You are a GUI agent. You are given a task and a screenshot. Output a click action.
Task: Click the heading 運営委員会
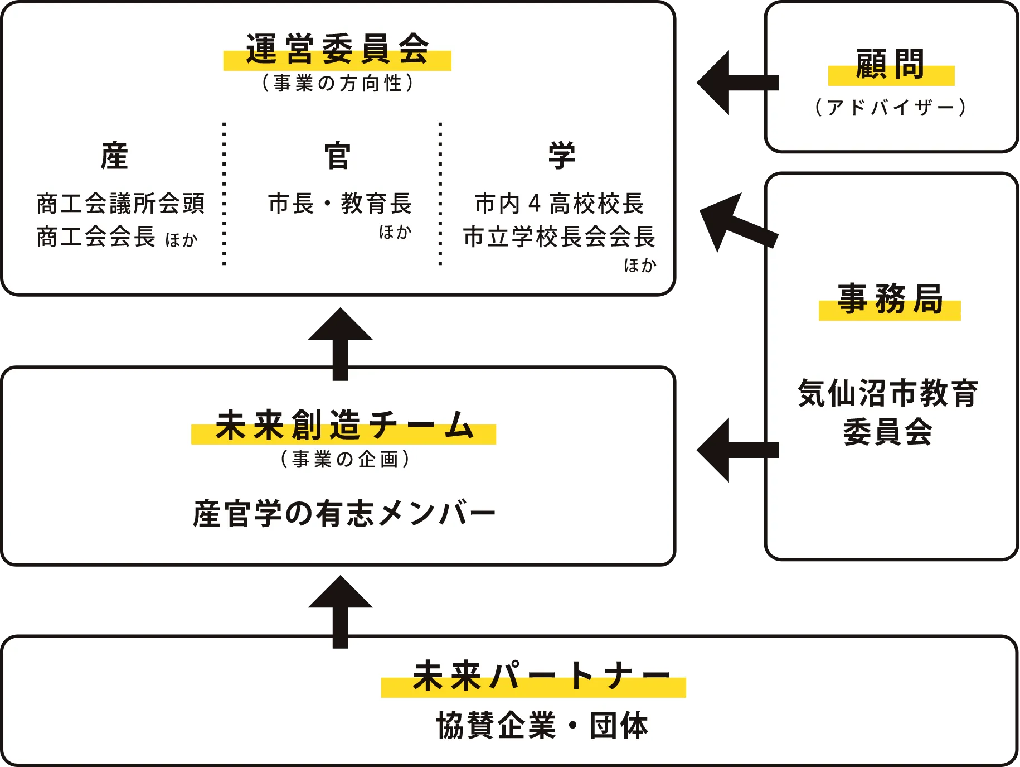pos(337,49)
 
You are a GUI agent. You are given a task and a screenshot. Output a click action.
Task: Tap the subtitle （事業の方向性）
pos(337,83)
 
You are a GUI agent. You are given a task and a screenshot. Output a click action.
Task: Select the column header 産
pos(114,156)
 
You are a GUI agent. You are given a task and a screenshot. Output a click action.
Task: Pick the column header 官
pos(337,156)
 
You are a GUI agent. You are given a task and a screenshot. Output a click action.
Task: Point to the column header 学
pos(561,156)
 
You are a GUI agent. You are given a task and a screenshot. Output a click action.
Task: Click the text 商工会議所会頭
pos(120,204)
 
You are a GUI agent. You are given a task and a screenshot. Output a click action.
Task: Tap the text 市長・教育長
pos(339,204)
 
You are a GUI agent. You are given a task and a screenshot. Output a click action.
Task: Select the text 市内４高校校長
pos(559,204)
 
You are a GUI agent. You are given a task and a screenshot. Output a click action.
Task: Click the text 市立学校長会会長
pos(559,237)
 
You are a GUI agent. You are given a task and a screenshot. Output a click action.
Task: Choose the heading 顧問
pos(890,64)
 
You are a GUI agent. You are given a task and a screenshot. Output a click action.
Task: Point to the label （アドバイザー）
pos(890,107)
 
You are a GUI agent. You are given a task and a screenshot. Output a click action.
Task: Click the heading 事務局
pos(890,299)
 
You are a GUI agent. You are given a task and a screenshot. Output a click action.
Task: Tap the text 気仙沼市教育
pos(888,393)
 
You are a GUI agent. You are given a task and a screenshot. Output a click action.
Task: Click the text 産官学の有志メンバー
pos(344,514)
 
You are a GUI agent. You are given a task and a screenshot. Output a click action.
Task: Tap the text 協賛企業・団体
pos(542,726)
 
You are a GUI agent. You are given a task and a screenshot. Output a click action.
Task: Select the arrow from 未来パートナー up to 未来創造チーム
pos(341,611)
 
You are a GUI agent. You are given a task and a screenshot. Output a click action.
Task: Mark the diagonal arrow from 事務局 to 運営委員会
pos(736,223)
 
